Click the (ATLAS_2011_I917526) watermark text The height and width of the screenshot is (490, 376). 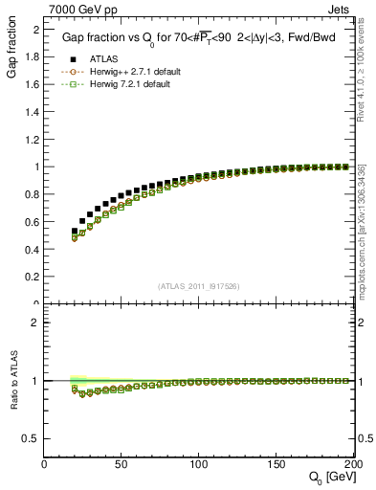tap(199, 286)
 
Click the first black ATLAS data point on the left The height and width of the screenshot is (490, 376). tap(75, 231)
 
